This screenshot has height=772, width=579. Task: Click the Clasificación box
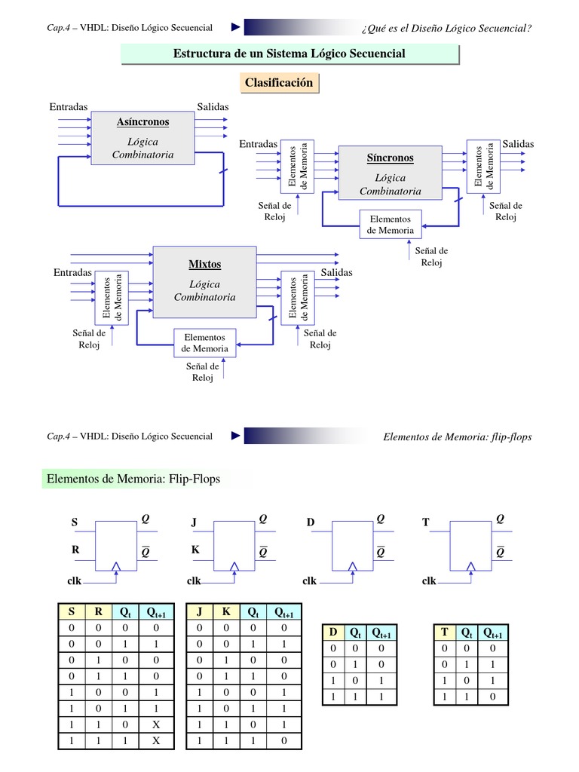[278, 83]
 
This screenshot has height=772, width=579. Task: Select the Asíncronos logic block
[142, 138]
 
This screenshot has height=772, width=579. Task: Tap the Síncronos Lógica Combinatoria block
[390, 173]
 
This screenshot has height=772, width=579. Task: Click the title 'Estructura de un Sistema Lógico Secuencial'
[289, 54]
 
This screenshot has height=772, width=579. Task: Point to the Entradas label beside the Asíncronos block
[69, 106]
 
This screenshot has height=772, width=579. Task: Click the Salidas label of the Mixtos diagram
[336, 272]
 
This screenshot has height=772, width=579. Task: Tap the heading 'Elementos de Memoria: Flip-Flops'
[133, 479]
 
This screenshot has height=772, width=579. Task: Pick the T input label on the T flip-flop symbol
[425, 522]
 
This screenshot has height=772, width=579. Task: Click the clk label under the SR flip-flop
[75, 581]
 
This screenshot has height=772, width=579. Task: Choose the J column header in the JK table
[200, 613]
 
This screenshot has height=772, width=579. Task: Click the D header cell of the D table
[332, 633]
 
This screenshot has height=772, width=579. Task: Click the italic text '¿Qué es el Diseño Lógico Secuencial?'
[447, 29]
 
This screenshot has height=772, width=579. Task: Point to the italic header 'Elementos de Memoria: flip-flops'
[458, 437]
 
